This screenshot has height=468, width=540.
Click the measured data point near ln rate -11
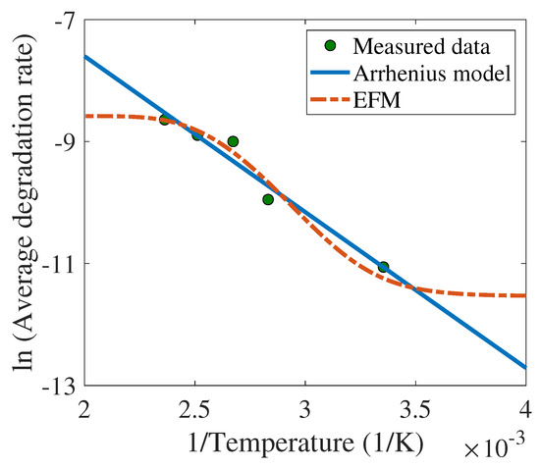click(383, 266)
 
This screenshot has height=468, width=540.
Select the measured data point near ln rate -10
click(268, 199)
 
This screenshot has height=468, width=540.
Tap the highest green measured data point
click(165, 119)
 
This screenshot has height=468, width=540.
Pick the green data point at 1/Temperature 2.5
click(196, 134)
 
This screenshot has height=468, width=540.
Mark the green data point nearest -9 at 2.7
click(233, 141)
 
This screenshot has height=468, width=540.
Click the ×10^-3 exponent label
click(502, 447)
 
